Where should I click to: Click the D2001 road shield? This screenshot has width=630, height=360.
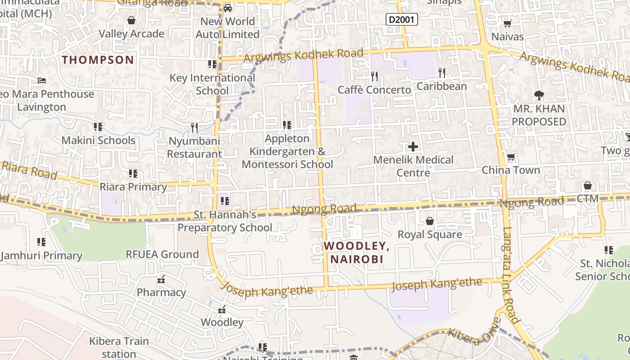(402, 19)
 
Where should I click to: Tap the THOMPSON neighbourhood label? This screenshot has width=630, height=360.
(98, 60)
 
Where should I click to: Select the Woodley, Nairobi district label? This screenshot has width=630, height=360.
(356, 252)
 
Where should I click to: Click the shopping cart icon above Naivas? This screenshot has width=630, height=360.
(507, 23)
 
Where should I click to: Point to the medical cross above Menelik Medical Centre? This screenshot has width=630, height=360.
(413, 146)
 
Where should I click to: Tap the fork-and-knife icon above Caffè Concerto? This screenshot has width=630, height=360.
(374, 76)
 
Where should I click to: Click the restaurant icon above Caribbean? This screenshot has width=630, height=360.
(442, 72)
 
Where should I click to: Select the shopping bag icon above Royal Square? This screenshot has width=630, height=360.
(430, 221)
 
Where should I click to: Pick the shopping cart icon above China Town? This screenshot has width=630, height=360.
(511, 157)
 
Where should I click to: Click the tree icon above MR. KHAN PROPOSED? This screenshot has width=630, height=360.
(539, 95)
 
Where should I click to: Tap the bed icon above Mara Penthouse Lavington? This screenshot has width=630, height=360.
(42, 81)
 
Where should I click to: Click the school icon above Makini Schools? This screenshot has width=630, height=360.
(98, 127)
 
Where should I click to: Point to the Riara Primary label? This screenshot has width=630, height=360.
(133, 187)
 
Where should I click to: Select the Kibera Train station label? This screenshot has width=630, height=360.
(119, 347)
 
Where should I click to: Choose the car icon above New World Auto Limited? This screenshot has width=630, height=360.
(228, 8)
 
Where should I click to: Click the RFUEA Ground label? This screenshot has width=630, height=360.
(162, 254)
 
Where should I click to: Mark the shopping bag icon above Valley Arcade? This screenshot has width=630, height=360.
(131, 20)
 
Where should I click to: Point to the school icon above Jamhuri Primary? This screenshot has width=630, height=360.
(41, 242)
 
